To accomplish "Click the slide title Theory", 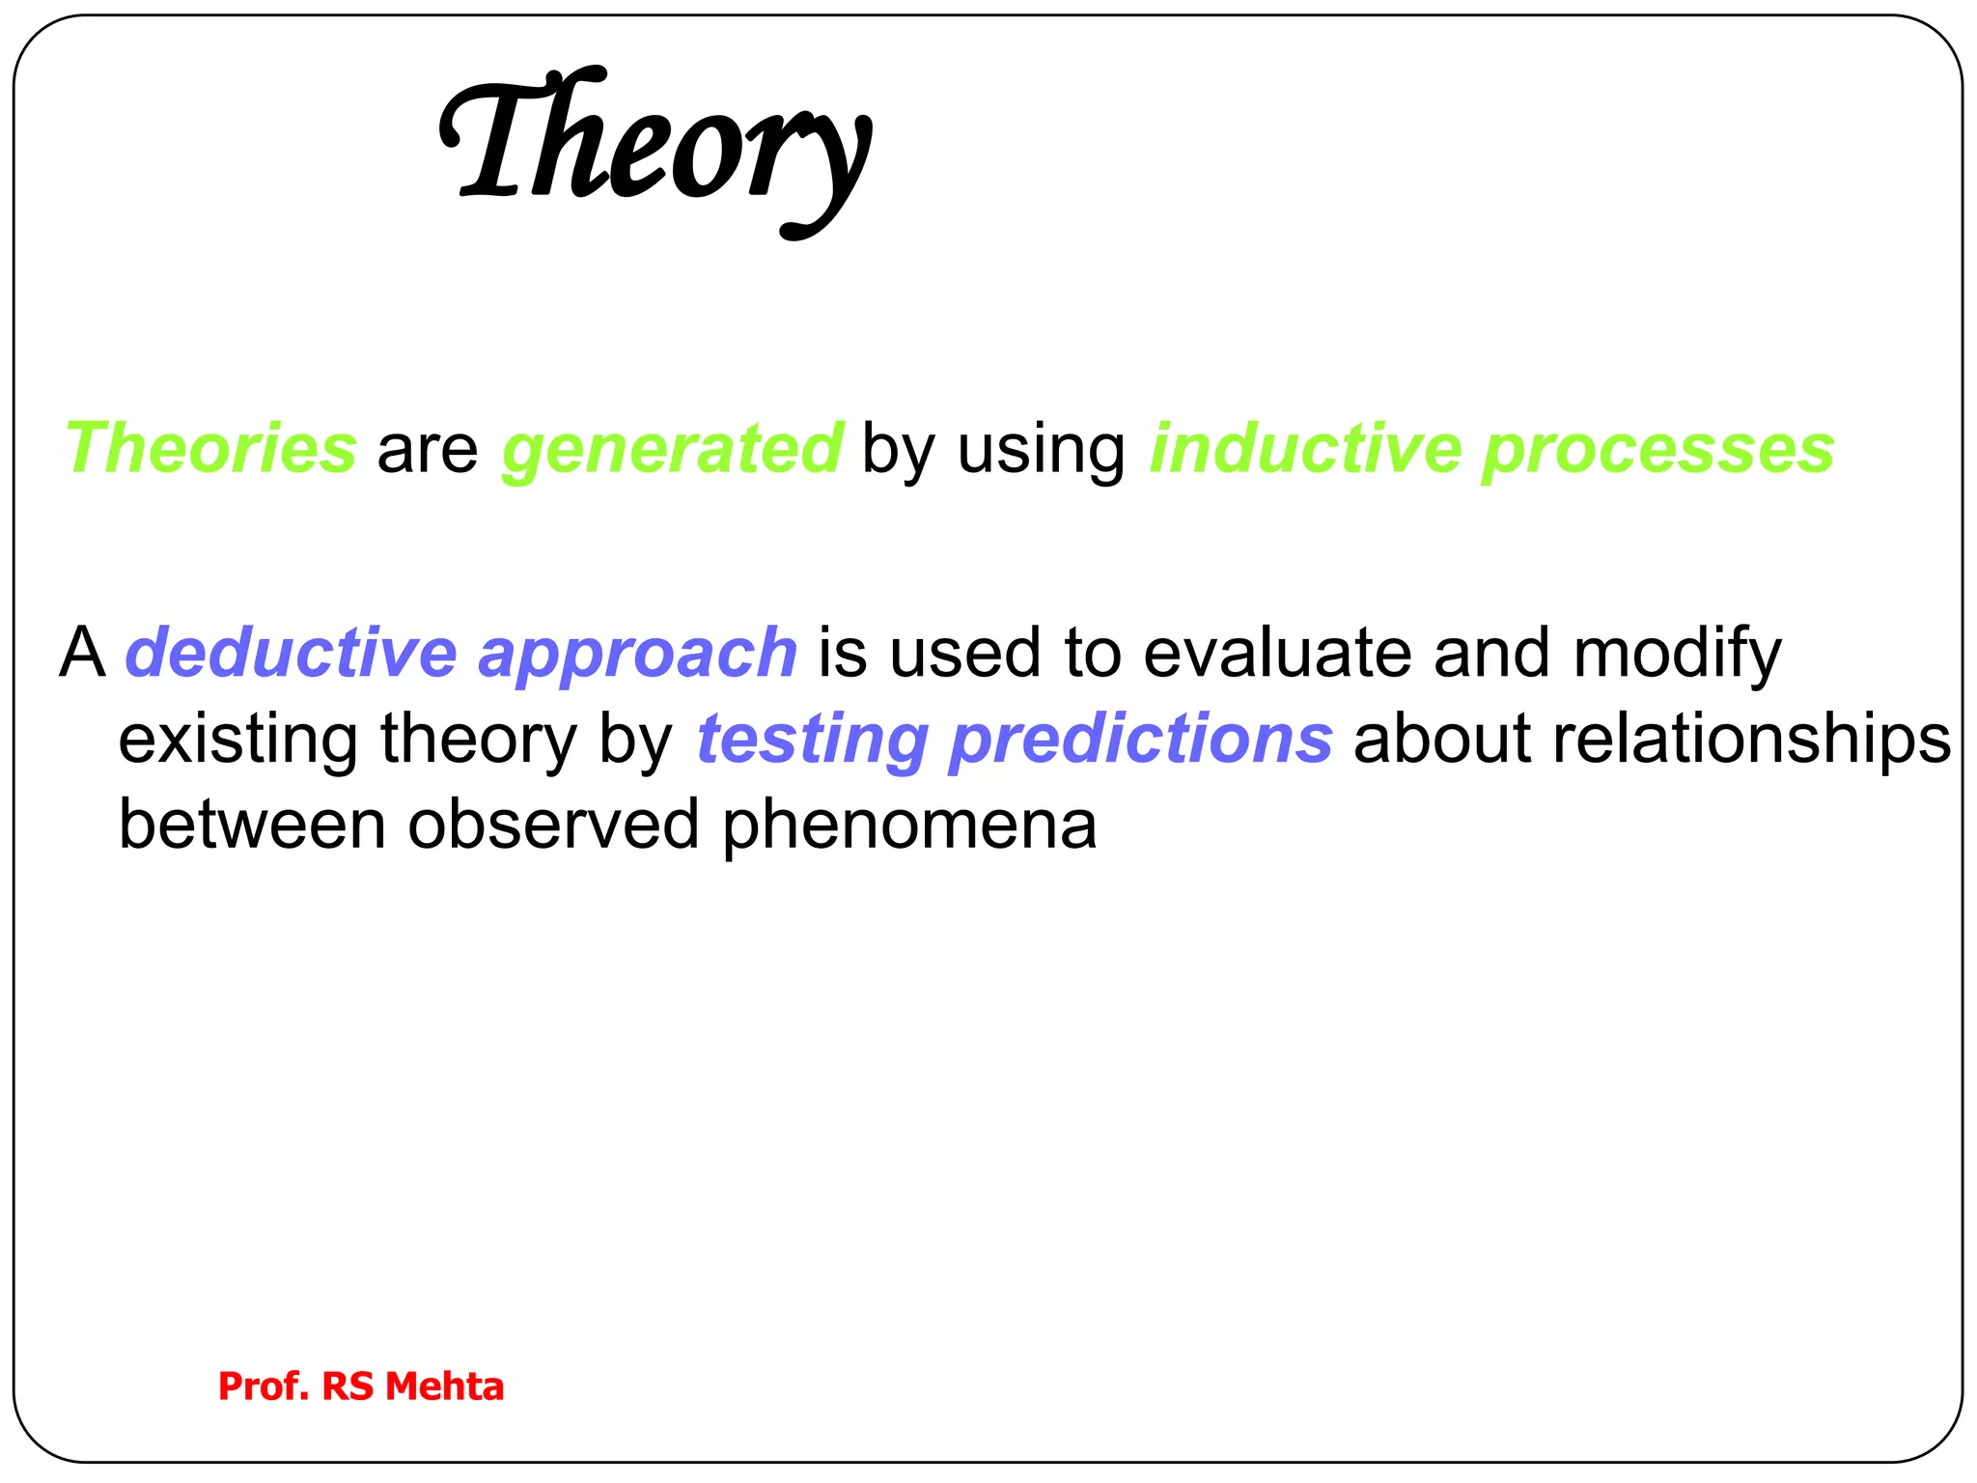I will click(x=656, y=145).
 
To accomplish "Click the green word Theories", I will click(x=210, y=449).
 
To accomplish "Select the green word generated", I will click(x=673, y=449).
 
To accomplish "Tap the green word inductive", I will click(x=1305, y=449).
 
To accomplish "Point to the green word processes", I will click(x=1657, y=451).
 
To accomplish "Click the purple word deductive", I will click(x=291, y=653).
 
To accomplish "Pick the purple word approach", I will click(x=637, y=655).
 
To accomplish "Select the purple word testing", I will click(x=812, y=741).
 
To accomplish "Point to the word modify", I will click(x=1677, y=655).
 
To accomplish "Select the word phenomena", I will click(x=908, y=826).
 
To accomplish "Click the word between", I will click(x=252, y=825).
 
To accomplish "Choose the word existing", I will click(x=237, y=741).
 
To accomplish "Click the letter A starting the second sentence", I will click(x=82, y=653).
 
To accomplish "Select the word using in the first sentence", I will click(x=1041, y=451).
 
